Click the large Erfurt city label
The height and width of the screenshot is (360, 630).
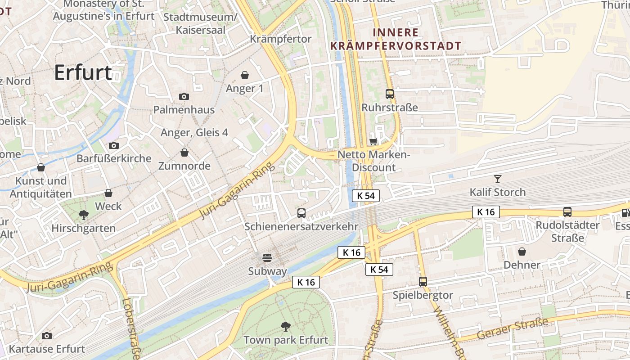pos(83,72)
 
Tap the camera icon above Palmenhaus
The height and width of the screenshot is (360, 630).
pos(184,96)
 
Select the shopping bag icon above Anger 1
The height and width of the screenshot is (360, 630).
pos(245,75)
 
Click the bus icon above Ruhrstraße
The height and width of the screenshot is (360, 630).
pos(390,94)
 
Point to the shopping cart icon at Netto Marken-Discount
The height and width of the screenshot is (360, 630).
pos(373,141)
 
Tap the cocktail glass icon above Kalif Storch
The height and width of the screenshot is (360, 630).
pos(497,179)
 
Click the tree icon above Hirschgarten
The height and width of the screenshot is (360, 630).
pos(83,215)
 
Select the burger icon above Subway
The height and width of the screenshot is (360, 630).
pos(267,258)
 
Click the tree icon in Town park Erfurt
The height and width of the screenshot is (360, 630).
pos(285,326)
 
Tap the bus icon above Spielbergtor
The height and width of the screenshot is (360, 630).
pos(423,282)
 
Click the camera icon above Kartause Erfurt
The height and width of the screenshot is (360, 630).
pos(46,336)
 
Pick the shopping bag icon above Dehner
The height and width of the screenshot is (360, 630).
pos(522,251)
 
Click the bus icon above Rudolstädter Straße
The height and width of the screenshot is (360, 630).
pos(567,211)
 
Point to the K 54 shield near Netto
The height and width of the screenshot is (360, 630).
pos(366,196)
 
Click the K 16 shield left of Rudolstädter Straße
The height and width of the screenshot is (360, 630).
pos(486,211)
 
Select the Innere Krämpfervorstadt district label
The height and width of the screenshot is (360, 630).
pos(396,39)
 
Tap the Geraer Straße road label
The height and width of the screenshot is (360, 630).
pos(513,329)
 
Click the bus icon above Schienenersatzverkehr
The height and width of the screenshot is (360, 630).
pos(301,213)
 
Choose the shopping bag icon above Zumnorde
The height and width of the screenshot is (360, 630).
pos(184,153)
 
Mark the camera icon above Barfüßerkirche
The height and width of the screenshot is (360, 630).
pos(114,145)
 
